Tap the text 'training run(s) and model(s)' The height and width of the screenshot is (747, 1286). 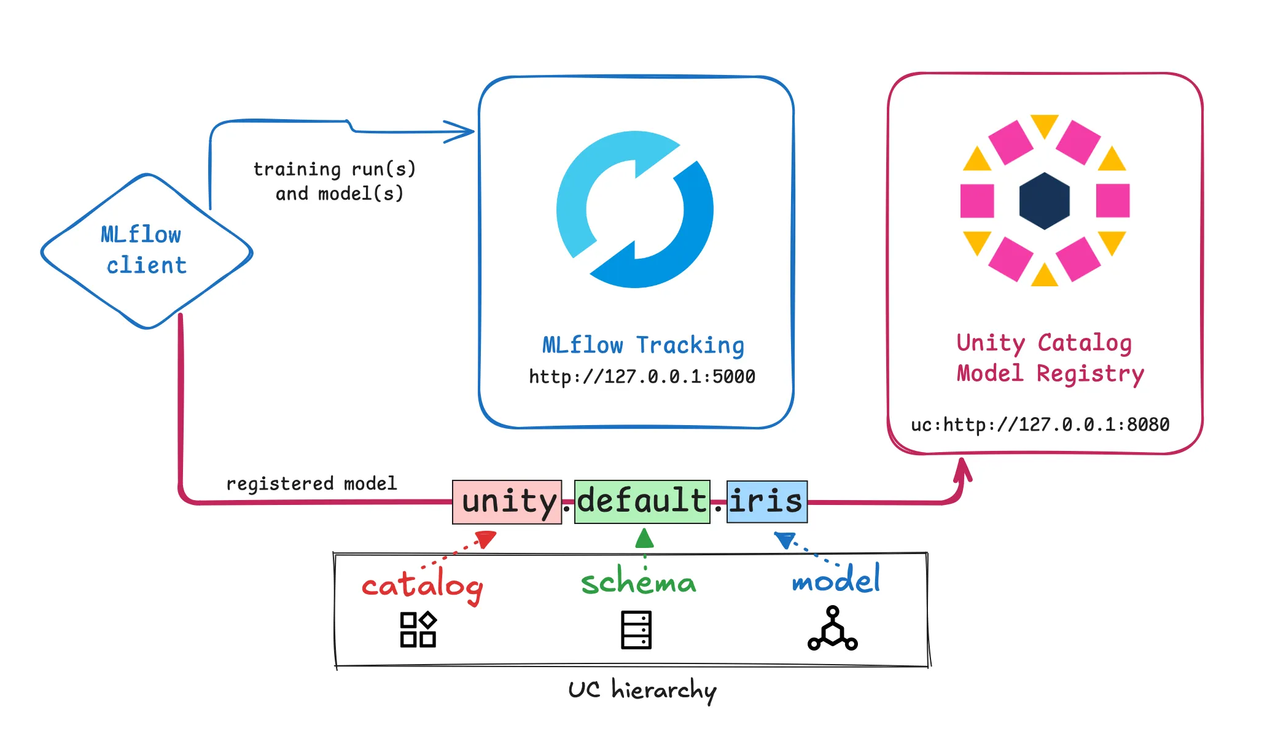coord(335,181)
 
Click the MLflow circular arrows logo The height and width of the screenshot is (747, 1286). coord(635,209)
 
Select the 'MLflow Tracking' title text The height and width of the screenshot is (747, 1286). coord(643,345)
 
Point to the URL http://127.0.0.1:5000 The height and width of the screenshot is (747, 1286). coord(642,377)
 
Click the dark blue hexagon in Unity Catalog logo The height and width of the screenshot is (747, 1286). coord(1044,201)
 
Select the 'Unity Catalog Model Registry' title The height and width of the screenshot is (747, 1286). coord(1050,358)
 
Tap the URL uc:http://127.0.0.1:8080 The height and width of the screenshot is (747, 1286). coord(1040,424)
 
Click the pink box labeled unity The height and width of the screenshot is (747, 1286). coord(507,502)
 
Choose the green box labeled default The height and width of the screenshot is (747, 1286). coord(642,501)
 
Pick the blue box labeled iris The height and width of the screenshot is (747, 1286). coord(766,502)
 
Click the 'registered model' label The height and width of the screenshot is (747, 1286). coord(311,483)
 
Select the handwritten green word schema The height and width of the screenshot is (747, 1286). coord(639,582)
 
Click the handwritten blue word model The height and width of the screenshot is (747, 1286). coord(836,579)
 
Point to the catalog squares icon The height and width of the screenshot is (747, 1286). coord(418,630)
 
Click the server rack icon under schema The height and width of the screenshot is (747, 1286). coord(636,630)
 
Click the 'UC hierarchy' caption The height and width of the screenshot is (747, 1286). coord(642,690)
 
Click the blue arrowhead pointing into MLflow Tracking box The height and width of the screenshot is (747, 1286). coord(461,131)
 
